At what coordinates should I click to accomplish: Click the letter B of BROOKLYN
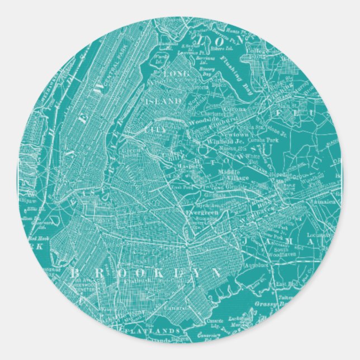(74, 272)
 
